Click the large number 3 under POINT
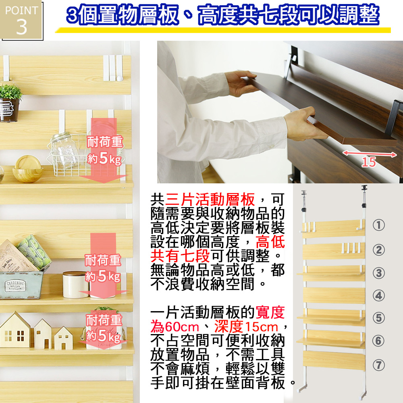22,27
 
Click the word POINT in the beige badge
22,10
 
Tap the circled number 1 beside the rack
378,225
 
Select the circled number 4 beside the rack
378,295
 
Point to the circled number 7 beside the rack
378,365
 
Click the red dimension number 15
369,162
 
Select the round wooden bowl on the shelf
27,169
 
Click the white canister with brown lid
76,285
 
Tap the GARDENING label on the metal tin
15,286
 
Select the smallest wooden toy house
64,338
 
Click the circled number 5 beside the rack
378,318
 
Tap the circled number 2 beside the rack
378,250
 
